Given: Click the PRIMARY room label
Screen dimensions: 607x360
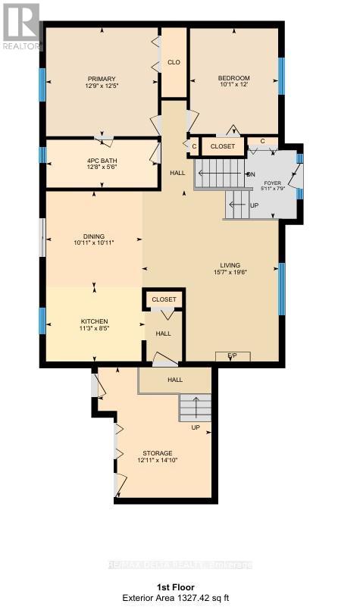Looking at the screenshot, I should [101, 79].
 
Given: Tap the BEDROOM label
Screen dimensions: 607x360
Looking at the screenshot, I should [233, 79].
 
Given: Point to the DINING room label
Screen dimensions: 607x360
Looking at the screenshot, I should [94, 236].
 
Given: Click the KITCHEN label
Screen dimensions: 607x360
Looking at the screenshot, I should [94, 321].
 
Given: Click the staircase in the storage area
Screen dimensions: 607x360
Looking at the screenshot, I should [195, 408].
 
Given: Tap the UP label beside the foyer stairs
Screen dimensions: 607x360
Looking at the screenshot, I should [254, 205].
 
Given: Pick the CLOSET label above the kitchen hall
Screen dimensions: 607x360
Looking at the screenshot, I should [164, 299].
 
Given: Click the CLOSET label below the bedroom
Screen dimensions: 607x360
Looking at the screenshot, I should [223, 145].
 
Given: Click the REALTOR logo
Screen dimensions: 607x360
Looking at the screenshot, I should [21, 27].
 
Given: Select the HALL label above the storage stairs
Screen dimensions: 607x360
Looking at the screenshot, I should [175, 380].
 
